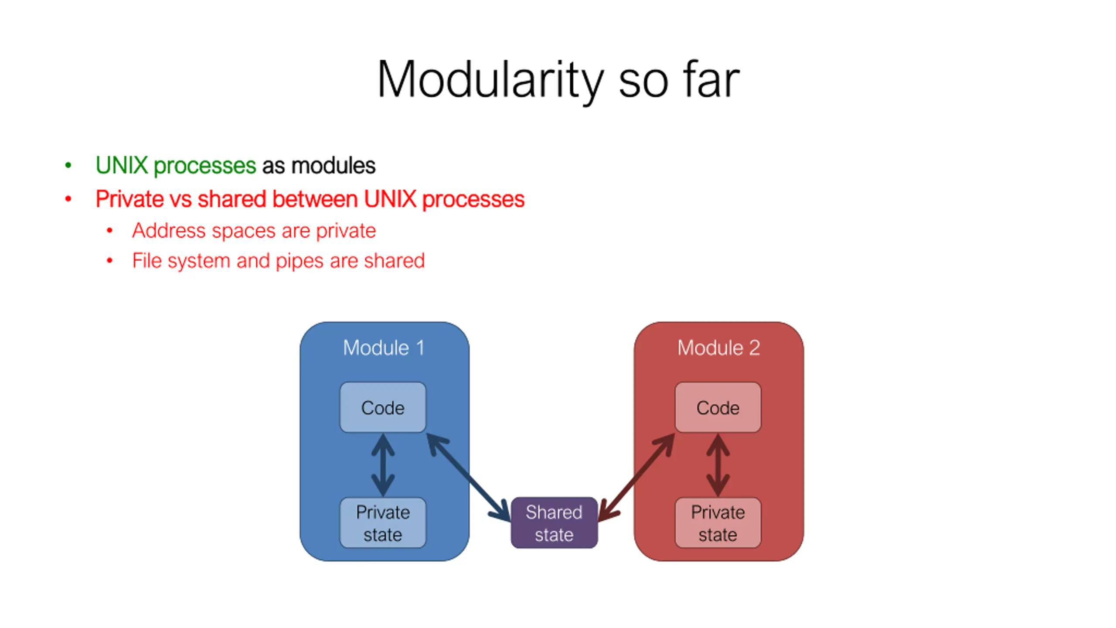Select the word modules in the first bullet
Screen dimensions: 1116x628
(x=333, y=165)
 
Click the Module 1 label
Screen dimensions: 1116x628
(x=384, y=348)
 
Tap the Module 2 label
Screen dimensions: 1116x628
(x=718, y=348)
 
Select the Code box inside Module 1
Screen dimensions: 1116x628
(x=383, y=407)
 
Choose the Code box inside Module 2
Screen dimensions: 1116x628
(x=718, y=407)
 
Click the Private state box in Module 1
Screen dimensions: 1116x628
(x=383, y=523)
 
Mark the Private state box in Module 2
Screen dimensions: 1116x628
(x=718, y=523)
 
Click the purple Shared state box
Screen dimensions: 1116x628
(x=554, y=523)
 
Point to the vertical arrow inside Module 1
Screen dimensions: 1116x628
(x=383, y=465)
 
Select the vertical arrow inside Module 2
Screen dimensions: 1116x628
(x=718, y=465)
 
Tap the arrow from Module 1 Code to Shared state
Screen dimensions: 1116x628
(x=469, y=477)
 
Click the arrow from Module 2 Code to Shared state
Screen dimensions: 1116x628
(x=636, y=477)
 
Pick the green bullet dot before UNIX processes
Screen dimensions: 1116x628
(x=68, y=165)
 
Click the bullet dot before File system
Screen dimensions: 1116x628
(x=110, y=261)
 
